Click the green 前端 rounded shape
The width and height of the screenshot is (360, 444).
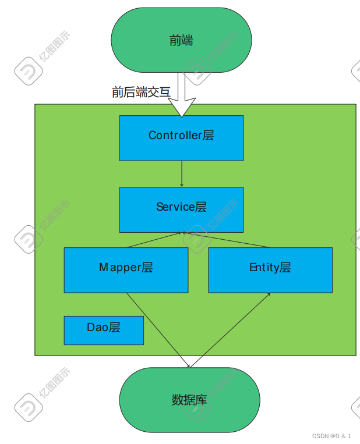point(181,40)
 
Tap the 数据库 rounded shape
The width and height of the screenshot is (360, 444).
point(189,400)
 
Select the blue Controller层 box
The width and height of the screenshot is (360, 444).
point(181,138)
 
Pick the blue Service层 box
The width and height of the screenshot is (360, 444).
point(181,209)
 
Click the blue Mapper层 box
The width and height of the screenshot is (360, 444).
point(126,270)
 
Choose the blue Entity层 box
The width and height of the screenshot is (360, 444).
point(270,270)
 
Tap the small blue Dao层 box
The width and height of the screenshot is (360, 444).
point(104,330)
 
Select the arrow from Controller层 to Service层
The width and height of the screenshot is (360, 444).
point(182,173)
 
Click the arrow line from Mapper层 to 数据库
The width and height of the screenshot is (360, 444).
point(157,329)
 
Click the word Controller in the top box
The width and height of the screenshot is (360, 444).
point(175,136)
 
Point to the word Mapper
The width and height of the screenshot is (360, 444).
point(121,268)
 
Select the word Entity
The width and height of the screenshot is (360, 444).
point(264,268)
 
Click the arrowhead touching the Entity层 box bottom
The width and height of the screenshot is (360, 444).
point(269,294)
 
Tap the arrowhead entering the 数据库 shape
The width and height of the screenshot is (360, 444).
point(188,365)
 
